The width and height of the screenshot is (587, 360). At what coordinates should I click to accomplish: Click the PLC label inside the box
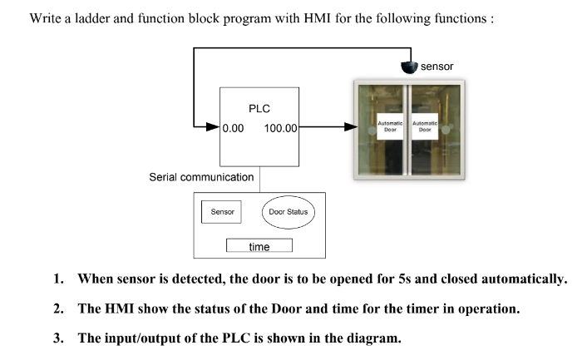(x=259, y=108)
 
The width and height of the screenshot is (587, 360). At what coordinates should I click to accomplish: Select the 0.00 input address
(x=234, y=128)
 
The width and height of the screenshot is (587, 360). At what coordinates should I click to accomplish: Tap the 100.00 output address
(x=281, y=128)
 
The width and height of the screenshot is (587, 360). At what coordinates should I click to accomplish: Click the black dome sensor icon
(x=407, y=67)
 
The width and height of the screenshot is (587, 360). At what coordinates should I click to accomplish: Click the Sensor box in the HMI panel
(x=220, y=212)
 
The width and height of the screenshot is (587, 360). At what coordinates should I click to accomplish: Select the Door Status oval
(x=288, y=212)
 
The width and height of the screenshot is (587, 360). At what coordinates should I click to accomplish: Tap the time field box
(x=259, y=246)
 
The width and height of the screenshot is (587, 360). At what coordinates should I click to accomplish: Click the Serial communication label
(x=201, y=177)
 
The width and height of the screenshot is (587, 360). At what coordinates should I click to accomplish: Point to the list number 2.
(x=59, y=309)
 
